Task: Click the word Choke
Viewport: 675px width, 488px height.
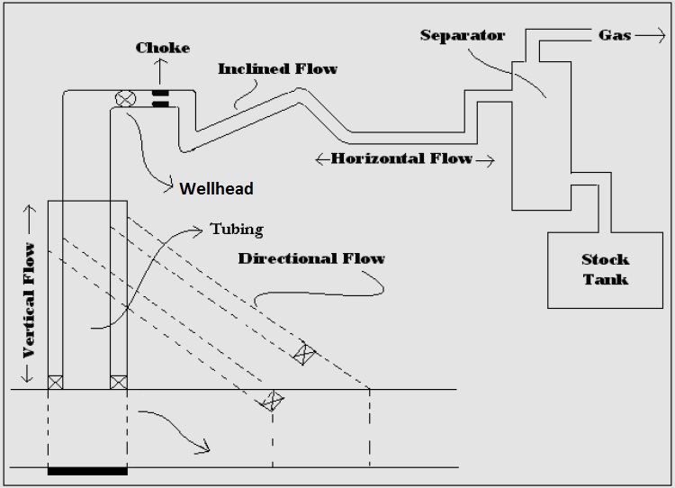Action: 163,47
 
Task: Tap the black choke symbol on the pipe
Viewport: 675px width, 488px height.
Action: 161,97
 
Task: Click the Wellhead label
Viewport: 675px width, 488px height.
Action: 216,189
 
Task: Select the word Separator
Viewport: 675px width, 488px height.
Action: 462,36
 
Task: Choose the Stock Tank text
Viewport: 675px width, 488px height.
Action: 605,268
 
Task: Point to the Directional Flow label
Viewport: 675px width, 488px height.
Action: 311,258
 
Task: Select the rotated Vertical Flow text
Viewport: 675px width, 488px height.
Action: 30,299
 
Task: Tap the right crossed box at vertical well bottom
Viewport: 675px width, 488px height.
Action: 118,382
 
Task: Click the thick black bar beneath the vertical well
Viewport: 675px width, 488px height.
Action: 87,470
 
